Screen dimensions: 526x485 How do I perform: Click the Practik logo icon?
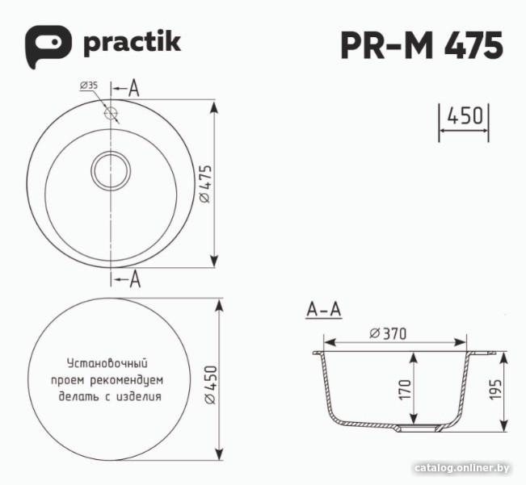tap(48, 46)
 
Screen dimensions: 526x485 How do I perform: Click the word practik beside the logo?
tap(133, 44)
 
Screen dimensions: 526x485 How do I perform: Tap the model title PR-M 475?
tap(422, 45)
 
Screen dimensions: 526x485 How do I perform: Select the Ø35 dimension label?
tap(89, 86)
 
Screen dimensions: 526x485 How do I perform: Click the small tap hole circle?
tap(111, 112)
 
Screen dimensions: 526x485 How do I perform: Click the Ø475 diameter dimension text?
tap(205, 184)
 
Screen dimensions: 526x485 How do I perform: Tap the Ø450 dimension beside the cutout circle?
tap(211, 385)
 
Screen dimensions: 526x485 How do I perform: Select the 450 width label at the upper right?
tap(465, 115)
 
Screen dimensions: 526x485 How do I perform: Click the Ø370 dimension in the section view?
tap(388, 333)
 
